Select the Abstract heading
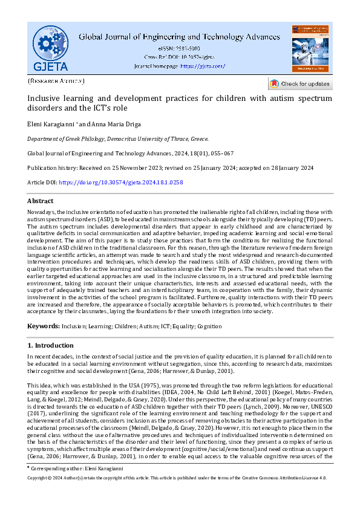coord(41,201)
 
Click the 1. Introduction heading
coord(51,345)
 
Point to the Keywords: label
coord(44,326)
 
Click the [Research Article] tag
coord(56,80)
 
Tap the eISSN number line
coord(180,48)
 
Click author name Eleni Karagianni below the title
coord(50,124)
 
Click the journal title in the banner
coord(180,36)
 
